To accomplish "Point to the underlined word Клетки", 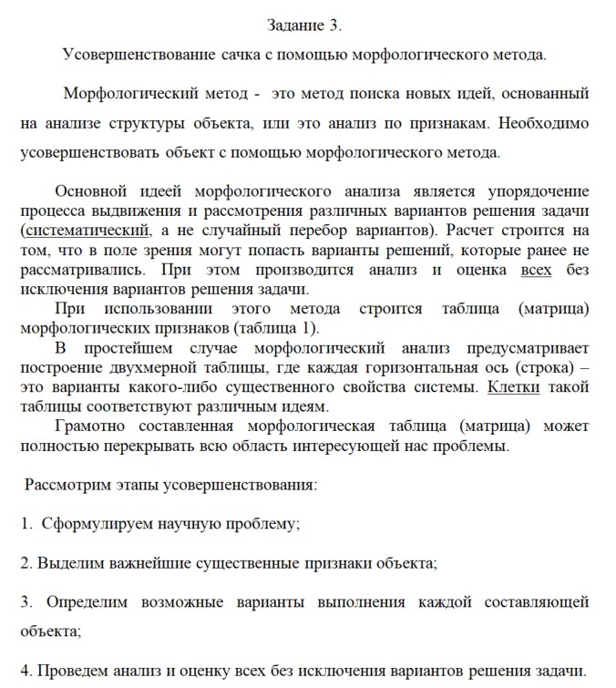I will coord(513,387).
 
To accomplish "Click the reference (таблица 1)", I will coord(280,328).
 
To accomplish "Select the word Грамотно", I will coord(87,426).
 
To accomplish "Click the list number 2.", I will coord(25,563).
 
